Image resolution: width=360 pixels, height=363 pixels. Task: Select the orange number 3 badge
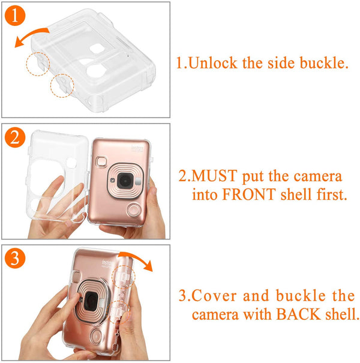click(x=16, y=259)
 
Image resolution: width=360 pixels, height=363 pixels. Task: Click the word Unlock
click(x=214, y=62)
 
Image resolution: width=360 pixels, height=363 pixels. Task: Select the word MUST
click(x=214, y=177)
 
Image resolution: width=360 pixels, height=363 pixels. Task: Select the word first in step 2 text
click(x=329, y=195)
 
